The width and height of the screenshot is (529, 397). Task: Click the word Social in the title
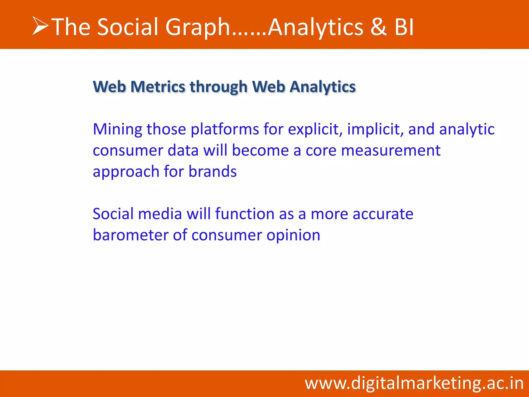(127, 27)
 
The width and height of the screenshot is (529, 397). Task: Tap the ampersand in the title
(378, 27)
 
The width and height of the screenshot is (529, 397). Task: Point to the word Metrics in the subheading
(158, 87)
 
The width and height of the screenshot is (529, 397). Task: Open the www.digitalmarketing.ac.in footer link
(414, 383)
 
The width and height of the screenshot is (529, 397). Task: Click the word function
(245, 214)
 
